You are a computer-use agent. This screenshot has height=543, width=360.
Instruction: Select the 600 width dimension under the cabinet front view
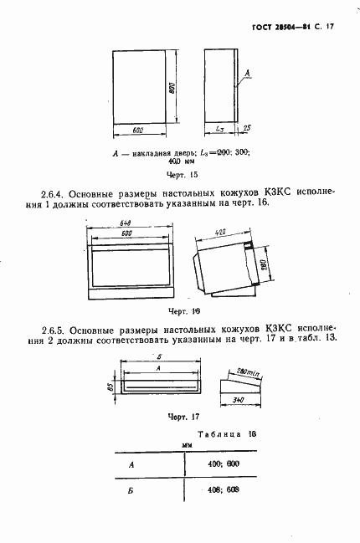click(138, 130)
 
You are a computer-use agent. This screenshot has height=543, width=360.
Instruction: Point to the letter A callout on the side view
click(248, 74)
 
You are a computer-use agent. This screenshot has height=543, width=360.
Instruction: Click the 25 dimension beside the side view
click(248, 129)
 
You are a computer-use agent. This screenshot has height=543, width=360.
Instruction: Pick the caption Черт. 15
click(182, 175)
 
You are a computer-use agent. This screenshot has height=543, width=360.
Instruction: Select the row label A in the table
click(130, 463)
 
